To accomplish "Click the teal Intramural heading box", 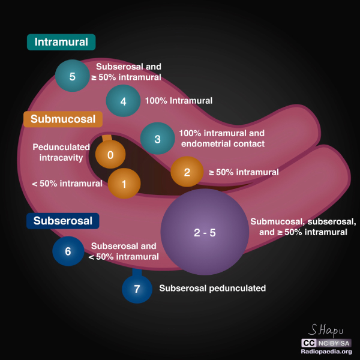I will pos(61,42).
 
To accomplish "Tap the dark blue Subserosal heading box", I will pos(62,221).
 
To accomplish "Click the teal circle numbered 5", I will pos(72,76).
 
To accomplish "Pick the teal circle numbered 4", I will pos(123,101).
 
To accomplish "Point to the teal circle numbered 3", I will pos(157,139).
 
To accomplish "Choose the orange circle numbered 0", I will pos(110,155).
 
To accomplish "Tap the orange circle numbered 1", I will pos(124,184).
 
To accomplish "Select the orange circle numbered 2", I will pos(187,172).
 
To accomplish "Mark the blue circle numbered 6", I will pos(68,251).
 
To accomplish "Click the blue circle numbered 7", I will pos(137,289).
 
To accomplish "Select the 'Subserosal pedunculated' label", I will pos(212,289).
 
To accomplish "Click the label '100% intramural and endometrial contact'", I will pos(221,139).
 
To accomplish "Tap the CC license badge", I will pos(309,343).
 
